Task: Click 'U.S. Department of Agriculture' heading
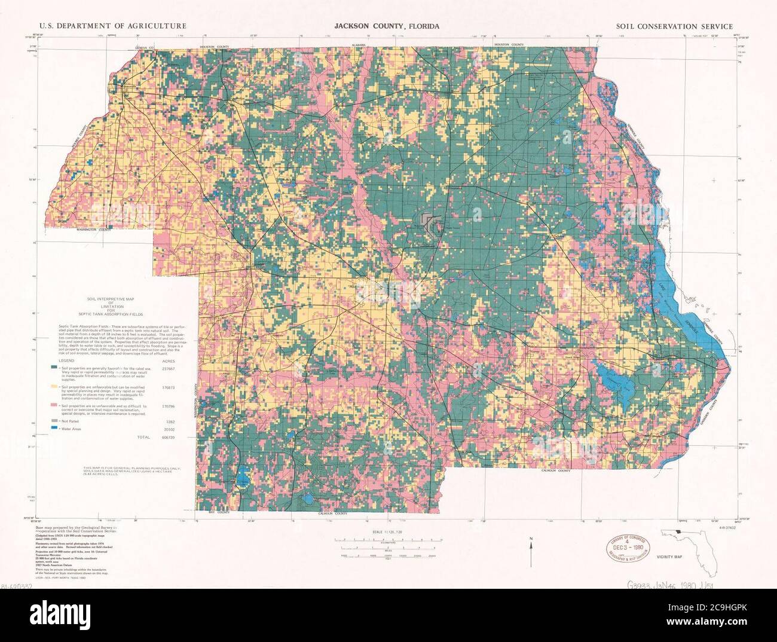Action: coord(112,26)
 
